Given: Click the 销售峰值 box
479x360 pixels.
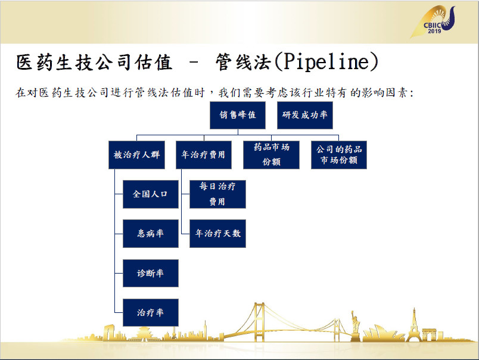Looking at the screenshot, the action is tap(237, 115).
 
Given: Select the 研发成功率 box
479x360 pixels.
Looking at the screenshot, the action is tap(305, 115).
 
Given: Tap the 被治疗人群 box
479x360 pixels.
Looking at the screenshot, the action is tap(136, 155).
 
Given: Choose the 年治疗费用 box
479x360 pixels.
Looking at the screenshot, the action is tap(203, 155).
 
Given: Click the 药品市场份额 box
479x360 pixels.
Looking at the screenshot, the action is tap(271, 155).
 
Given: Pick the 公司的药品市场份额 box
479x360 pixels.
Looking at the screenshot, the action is tap(339, 155).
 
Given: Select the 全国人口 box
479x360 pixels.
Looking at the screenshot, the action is tap(151, 194).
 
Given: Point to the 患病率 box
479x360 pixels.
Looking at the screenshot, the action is tap(151, 234).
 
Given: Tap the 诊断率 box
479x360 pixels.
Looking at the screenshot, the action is tap(151, 273).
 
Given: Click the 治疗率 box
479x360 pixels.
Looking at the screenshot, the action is tap(151, 313).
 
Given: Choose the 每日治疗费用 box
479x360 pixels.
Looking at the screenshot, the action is tap(217, 194).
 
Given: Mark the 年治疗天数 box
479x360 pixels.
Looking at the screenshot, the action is tap(217, 234).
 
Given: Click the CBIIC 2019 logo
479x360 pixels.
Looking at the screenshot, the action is tap(433, 21).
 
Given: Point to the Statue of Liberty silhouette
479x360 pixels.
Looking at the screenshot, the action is tap(355, 326).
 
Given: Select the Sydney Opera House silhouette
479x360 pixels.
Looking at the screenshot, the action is tap(382, 333).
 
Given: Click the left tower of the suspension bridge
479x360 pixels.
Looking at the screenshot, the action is tap(259, 322).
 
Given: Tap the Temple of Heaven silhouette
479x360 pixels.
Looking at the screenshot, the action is tap(143, 334).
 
